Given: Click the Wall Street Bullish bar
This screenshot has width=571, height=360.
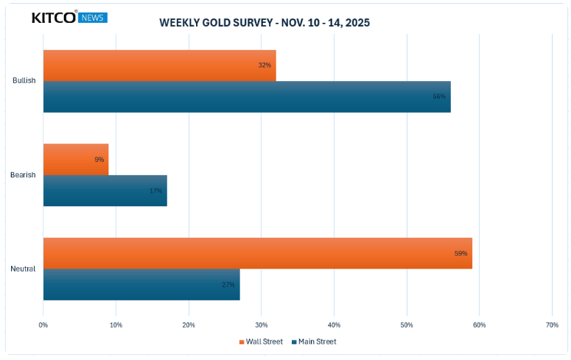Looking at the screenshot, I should pyautogui.click(x=159, y=66).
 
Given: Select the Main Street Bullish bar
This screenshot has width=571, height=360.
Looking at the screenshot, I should pyautogui.click(x=247, y=96).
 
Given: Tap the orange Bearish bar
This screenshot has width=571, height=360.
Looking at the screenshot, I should pyautogui.click(x=76, y=159).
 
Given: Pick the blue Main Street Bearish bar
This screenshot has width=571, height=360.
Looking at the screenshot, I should pyautogui.click(x=105, y=190).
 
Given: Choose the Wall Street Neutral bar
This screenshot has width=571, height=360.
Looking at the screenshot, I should pyautogui.click(x=257, y=253).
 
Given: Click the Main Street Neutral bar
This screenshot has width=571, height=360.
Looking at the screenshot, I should pyautogui.click(x=141, y=284).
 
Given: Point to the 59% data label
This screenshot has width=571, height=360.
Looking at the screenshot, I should pyautogui.click(x=460, y=253).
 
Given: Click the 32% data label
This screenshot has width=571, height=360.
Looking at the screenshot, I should pyautogui.click(x=265, y=66).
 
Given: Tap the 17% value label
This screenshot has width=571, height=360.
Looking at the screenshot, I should pyautogui.click(x=155, y=191).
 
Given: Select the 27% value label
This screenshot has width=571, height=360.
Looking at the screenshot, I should pyautogui.click(x=228, y=284).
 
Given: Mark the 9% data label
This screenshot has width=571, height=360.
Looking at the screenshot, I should pyautogui.click(x=99, y=159).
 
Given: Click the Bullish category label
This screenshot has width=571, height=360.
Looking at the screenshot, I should pyautogui.click(x=24, y=80).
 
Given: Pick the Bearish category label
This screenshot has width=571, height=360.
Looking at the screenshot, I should pyautogui.click(x=23, y=174).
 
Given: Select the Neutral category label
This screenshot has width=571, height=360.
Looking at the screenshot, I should pyautogui.click(x=23, y=269).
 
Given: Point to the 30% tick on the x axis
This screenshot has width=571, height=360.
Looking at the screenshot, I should pyautogui.click(x=262, y=325).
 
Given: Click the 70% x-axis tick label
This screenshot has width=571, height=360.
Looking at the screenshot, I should pyautogui.click(x=552, y=325).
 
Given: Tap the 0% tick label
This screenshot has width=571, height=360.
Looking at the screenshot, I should pyautogui.click(x=43, y=325).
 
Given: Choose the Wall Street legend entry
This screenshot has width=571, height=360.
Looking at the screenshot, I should pyautogui.click(x=261, y=342).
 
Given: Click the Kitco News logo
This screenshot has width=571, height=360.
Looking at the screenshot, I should pyautogui.click(x=69, y=17).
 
